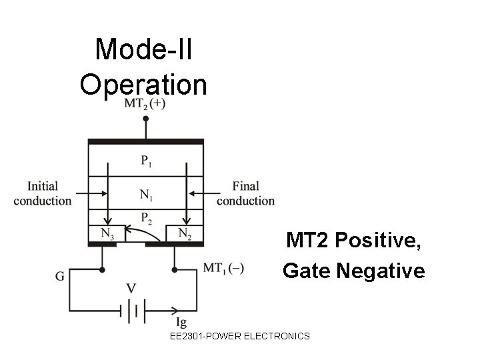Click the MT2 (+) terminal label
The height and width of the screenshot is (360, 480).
pos(145,104)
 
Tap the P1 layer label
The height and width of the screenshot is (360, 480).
pos(145,160)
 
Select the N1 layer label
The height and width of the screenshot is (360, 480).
pos(145,195)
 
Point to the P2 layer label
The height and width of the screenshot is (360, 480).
pos(145,217)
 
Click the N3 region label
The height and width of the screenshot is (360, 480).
pos(107,233)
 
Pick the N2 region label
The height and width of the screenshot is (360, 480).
pos(185,233)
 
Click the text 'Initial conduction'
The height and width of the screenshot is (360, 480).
pos(42,193)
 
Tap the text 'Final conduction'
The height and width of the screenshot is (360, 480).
pos(245,193)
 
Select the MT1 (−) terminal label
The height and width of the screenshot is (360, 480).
pos(223,269)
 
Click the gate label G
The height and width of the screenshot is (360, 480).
pos(61,276)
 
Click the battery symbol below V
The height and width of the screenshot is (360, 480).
pos(132,310)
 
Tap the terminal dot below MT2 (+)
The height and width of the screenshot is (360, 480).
pos(145,119)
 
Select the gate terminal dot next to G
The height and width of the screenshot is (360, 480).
pos(102,270)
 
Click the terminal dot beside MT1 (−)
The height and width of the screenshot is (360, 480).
pos(175,270)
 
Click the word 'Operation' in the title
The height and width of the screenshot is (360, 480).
pos(143,85)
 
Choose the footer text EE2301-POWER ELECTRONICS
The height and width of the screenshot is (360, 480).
pos(240,336)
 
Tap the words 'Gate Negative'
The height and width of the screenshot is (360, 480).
pos(353,271)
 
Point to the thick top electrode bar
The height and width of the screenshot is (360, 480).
pos(145,141)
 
